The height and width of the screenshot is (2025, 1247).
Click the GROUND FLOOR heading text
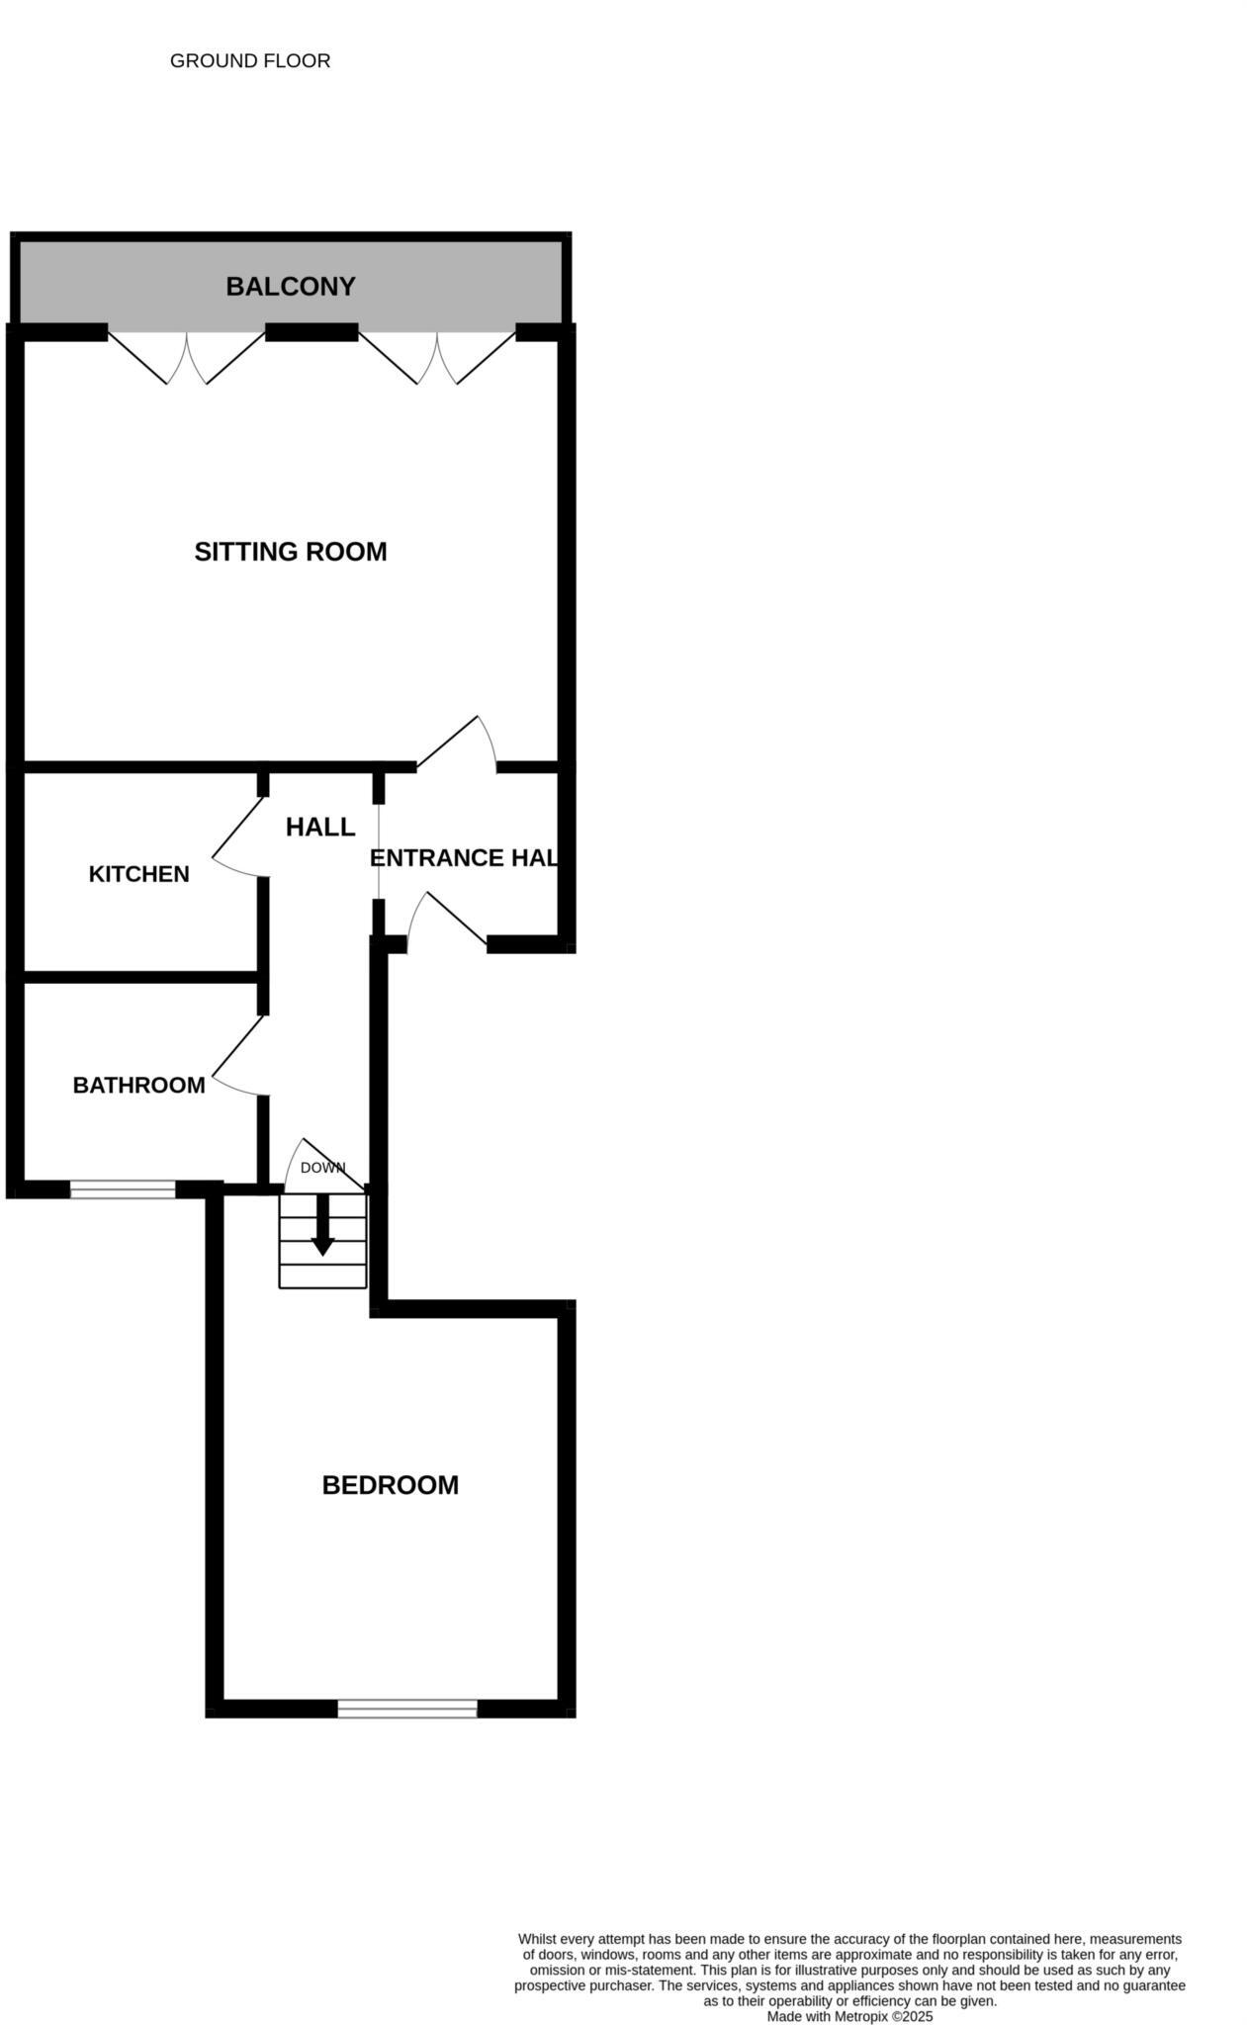250,61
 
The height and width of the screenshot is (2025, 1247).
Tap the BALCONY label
290,287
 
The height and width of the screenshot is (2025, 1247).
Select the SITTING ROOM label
290,552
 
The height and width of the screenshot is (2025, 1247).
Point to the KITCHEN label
138,874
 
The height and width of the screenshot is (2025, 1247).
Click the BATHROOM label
138,1086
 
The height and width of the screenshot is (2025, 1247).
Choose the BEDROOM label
390,1485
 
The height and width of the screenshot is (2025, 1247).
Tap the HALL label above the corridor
319,827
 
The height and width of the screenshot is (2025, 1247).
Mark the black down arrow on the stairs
322,1226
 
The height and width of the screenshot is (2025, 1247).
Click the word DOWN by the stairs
322,1168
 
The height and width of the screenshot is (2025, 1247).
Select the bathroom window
123,1189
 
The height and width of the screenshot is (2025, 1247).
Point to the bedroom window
407,1708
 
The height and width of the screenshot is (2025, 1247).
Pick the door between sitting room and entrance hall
457,744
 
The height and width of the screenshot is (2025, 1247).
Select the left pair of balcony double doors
186,358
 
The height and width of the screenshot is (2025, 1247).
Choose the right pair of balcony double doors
437,358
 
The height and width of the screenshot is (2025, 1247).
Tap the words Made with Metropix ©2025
849,2016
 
